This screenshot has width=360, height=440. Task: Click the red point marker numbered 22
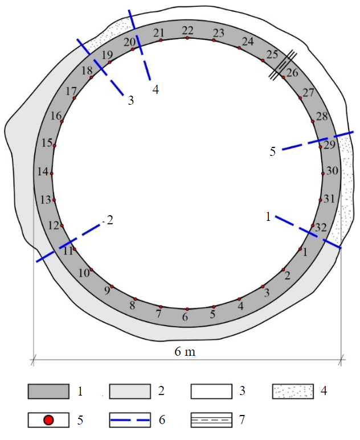(x=187, y=38)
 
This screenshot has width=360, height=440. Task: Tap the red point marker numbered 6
(x=187, y=309)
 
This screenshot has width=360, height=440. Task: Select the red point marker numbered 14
(x=52, y=174)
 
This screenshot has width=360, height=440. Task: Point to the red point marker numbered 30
(x=323, y=174)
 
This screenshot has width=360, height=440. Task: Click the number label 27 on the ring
(x=308, y=92)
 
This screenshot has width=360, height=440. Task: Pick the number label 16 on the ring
(x=56, y=116)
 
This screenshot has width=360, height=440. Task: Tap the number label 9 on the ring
(x=107, y=291)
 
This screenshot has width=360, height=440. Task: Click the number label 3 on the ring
(x=267, y=293)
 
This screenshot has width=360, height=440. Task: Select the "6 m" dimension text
(x=185, y=352)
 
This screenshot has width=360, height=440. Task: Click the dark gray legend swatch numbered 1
(x=48, y=391)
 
